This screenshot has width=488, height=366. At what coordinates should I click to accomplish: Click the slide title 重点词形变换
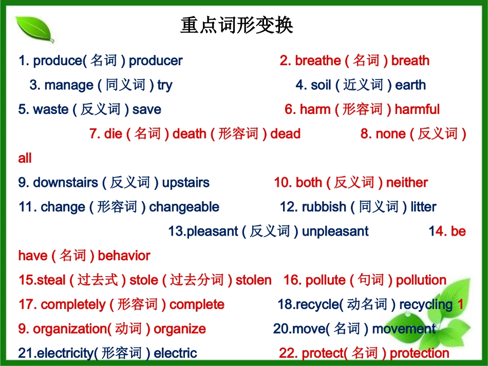[x=237, y=25]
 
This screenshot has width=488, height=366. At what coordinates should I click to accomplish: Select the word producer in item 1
[x=156, y=61]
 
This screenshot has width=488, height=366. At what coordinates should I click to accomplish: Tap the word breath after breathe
[x=410, y=61]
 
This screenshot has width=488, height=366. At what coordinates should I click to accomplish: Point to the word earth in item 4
[x=410, y=85]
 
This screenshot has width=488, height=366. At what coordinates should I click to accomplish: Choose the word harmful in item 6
[x=417, y=109]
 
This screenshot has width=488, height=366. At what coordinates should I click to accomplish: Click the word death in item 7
[x=190, y=134]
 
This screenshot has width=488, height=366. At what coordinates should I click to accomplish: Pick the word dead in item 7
[x=285, y=134]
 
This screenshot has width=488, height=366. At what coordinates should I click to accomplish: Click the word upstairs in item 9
[x=185, y=183]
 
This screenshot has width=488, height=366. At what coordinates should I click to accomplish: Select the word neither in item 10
[x=407, y=183]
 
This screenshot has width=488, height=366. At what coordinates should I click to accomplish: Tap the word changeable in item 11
[x=184, y=207]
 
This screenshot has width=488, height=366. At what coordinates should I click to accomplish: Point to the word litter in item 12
[x=423, y=207]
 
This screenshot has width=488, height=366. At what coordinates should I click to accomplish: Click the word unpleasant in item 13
[x=335, y=232]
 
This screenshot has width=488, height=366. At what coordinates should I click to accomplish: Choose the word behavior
[x=124, y=256]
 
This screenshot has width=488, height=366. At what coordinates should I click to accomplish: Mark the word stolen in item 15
[x=253, y=280]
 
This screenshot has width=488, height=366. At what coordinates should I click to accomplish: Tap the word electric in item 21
[x=175, y=353]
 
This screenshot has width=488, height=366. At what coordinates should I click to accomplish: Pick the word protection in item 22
[x=419, y=353]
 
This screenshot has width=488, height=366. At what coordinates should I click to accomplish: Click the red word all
[x=25, y=158]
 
